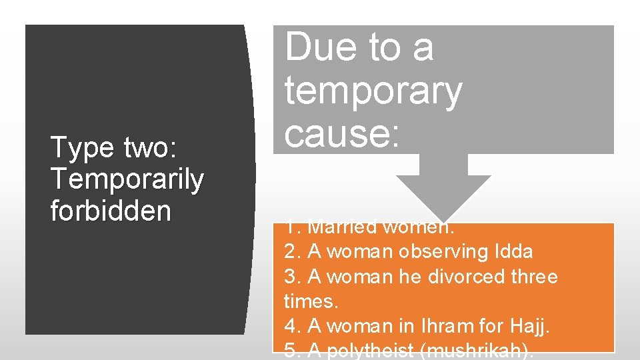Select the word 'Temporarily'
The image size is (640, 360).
[127, 179]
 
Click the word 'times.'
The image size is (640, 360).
[311, 301]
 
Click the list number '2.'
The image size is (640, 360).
[293, 251]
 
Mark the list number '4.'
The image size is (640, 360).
[293, 327]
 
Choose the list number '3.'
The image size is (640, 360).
[293, 276]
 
